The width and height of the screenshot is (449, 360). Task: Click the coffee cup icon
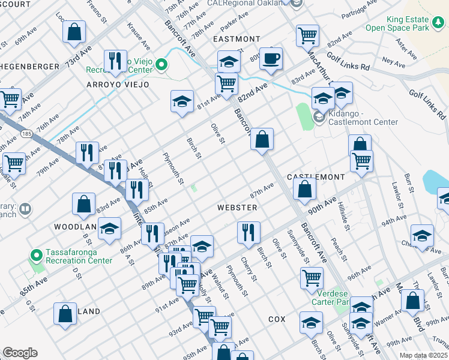[x=271, y=59]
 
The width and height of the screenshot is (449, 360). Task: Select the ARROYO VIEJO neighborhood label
[x=118, y=85]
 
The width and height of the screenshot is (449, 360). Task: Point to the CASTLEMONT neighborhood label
[x=316, y=177]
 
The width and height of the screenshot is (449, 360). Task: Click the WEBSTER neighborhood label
[x=237, y=208]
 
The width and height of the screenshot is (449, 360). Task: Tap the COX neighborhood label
[x=277, y=319]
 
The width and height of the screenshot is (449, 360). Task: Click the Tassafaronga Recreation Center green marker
[x=35, y=256]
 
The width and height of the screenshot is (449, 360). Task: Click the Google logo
[x=20, y=353]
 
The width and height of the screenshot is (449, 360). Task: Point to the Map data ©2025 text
[x=423, y=355]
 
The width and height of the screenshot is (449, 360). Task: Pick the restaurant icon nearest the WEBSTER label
[x=247, y=232]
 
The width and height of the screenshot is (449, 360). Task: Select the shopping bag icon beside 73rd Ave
[x=74, y=33]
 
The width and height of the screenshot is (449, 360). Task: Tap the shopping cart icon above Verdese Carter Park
[x=312, y=278]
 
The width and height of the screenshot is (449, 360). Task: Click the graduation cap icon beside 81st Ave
[x=182, y=102]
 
